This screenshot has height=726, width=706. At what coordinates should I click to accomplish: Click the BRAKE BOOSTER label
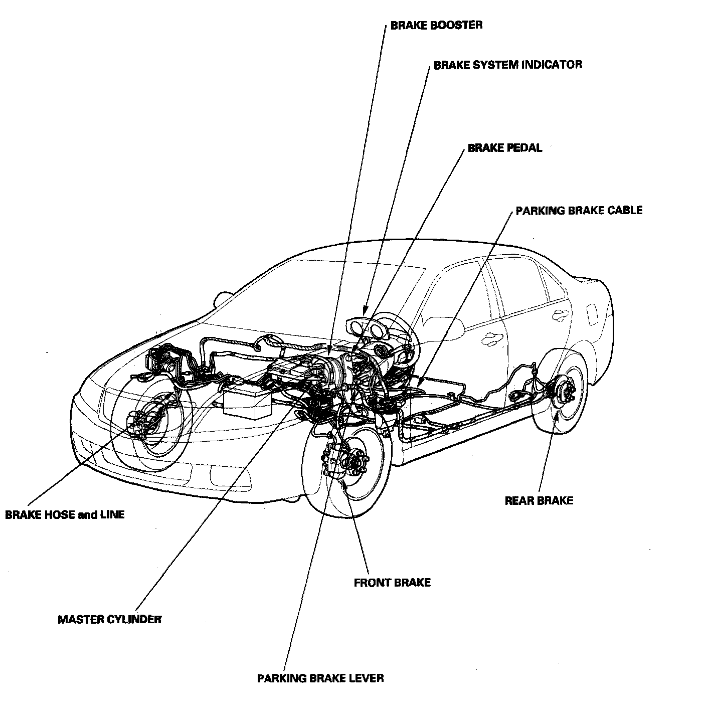[436, 25]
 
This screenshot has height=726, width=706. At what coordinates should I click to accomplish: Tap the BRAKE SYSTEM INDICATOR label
[507, 65]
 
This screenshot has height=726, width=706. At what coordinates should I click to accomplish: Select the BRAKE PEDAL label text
[504, 148]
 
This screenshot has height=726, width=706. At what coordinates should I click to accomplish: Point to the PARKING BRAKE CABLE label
[579, 210]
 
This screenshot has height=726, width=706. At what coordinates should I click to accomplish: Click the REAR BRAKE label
[539, 500]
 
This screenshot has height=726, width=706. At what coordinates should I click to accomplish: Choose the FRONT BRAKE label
[392, 583]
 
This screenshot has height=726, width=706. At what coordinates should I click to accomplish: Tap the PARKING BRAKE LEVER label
[320, 678]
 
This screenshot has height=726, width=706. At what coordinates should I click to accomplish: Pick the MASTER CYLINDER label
[110, 619]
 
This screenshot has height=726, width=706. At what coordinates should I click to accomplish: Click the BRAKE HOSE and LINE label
[65, 514]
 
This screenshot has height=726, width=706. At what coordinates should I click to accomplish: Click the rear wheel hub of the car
[564, 387]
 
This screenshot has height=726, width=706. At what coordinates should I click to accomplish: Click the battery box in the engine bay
[247, 400]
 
